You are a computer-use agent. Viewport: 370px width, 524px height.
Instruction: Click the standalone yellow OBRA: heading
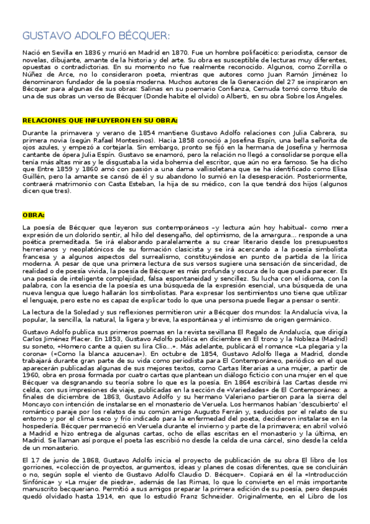click(33, 215)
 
